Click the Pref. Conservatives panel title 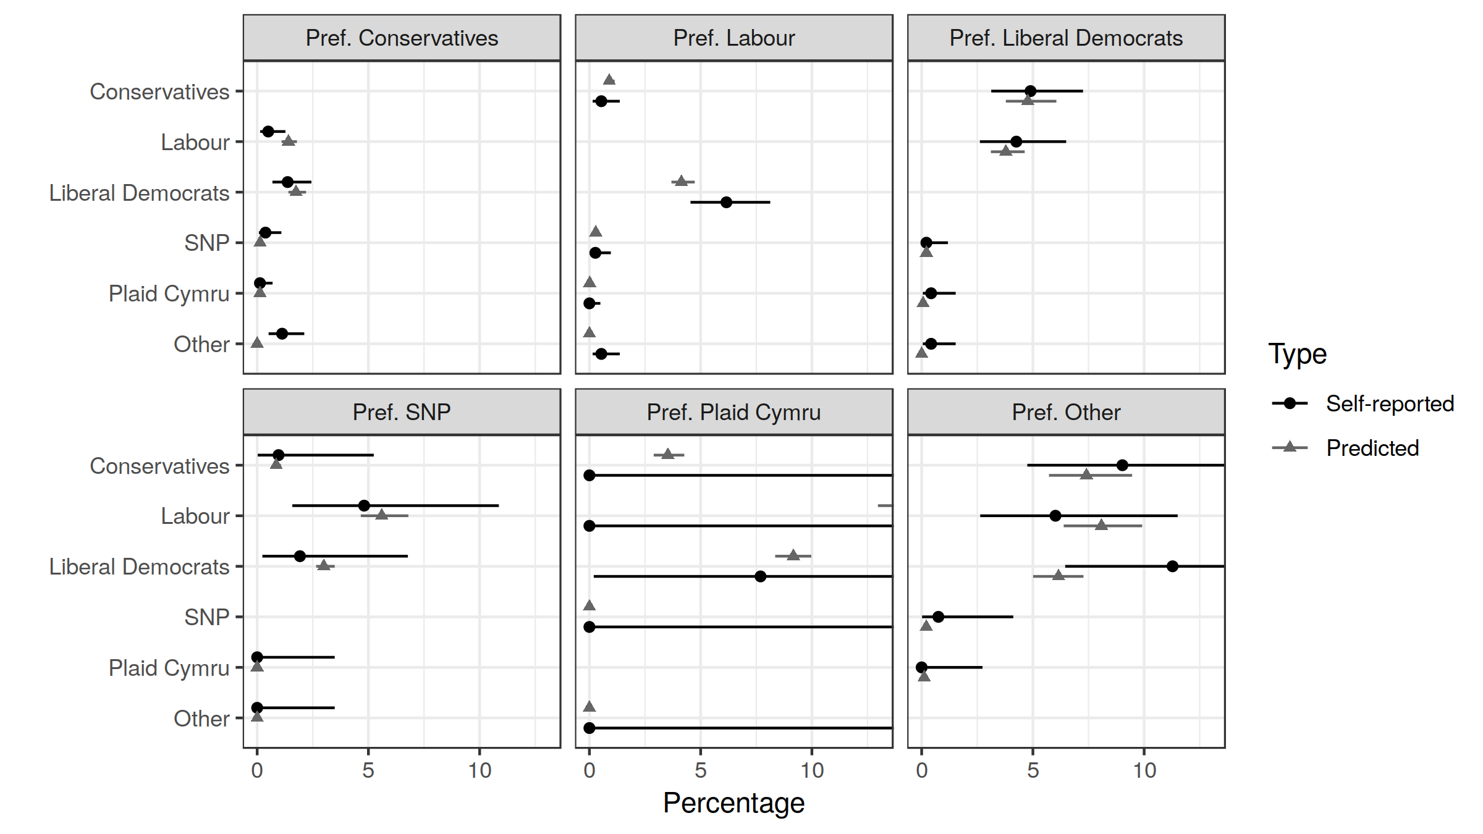402,38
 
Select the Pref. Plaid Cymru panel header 733,412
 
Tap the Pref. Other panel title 1066,412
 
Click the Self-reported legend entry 1390,403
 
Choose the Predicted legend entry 1372,448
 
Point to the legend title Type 1297,354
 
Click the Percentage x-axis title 733,802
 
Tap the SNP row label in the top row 206,243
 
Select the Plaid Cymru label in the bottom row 169,668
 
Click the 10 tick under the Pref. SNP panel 480,770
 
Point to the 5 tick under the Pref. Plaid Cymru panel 700,770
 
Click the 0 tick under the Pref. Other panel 921,770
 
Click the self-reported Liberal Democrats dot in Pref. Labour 726,202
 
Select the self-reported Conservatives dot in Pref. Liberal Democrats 1030,91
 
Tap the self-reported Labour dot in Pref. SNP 364,505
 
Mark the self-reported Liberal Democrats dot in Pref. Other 1172,566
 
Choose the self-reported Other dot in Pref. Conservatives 282,334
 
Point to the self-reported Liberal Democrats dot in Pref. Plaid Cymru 760,576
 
